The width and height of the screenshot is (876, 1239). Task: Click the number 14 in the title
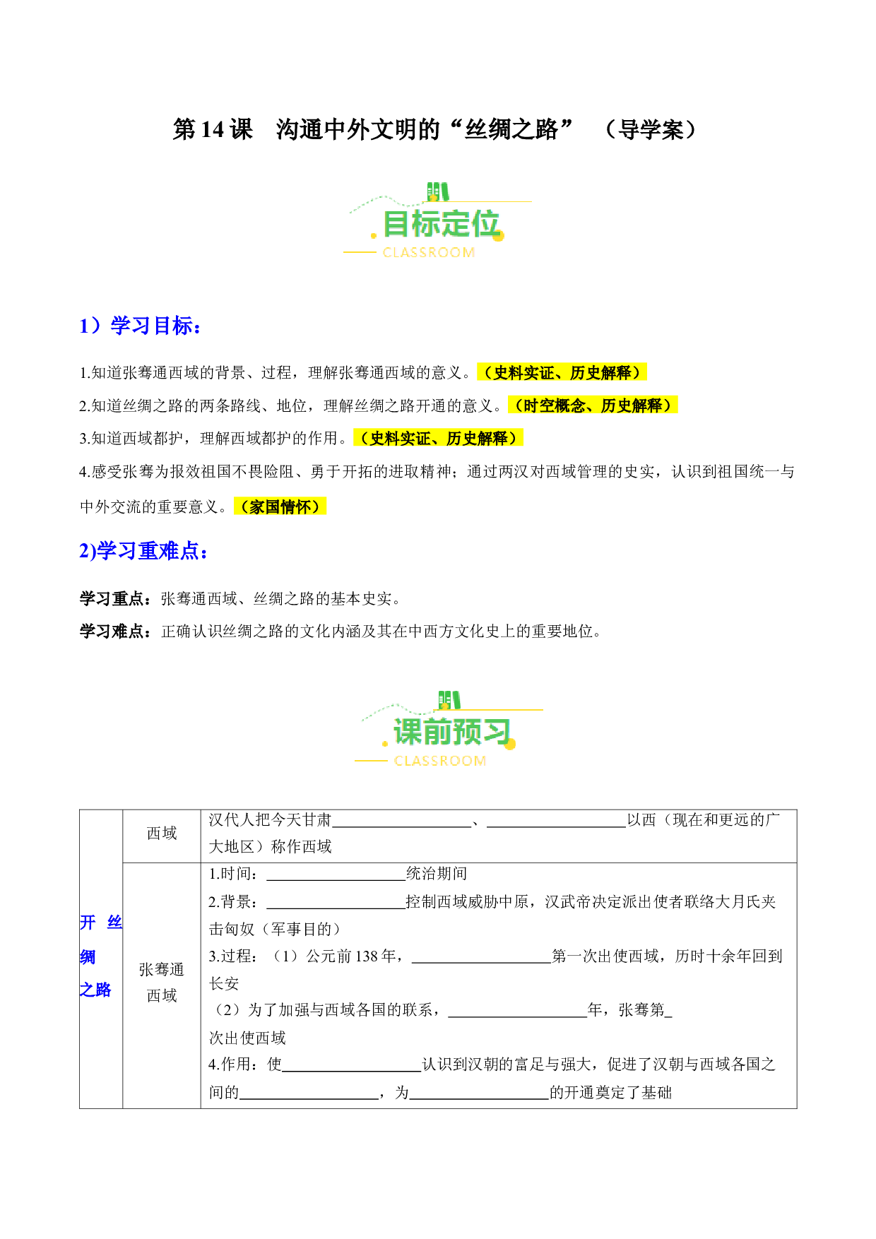212,130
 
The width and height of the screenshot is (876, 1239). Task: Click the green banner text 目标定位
441,225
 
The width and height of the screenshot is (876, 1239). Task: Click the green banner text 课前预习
452,733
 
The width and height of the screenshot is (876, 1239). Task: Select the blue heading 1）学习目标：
141,326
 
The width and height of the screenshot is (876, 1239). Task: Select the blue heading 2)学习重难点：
143,551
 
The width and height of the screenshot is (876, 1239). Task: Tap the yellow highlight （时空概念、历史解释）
593,405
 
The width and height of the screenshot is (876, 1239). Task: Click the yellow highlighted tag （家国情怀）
280,506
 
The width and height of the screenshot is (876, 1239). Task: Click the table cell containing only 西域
162,834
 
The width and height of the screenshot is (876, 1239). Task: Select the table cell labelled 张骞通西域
162,983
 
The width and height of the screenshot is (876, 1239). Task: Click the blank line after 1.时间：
336,880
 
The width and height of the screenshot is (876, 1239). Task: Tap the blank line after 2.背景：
336,908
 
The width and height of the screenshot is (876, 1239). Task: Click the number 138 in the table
367,956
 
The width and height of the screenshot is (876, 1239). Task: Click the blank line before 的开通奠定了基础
480,1099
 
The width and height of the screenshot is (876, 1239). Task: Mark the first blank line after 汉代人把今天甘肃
402,826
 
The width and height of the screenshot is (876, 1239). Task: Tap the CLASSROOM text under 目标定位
428,253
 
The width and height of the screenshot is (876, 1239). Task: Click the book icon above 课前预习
449,700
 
